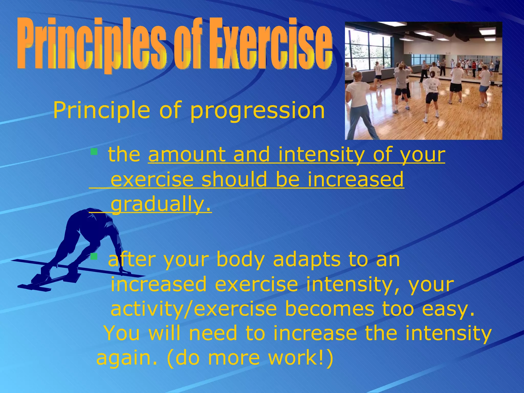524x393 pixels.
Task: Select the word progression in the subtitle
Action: (257, 111)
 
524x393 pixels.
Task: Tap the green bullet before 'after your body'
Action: (94, 256)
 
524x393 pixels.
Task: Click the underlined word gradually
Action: (161, 204)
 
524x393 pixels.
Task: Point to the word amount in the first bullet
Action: (187, 155)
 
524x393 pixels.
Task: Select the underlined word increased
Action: (356, 179)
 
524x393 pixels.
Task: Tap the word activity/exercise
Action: (194, 309)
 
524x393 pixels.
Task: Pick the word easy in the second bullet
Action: (448, 309)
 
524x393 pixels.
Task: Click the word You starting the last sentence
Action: (122, 333)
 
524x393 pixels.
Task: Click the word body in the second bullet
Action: (240, 259)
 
